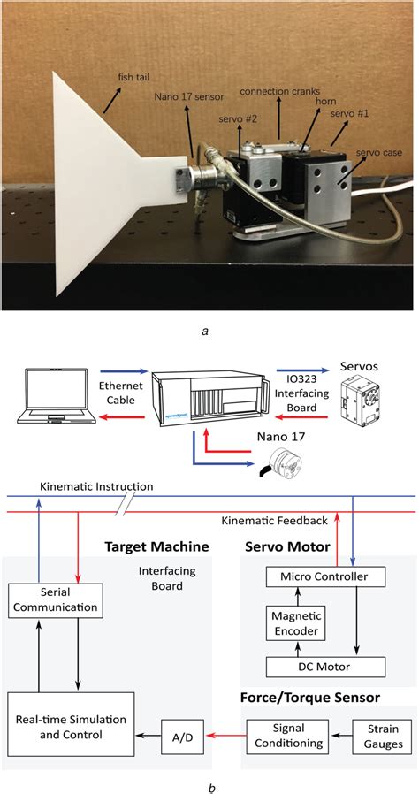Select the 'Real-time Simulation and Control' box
point(69,729)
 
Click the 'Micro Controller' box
point(325,577)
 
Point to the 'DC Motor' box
point(325,666)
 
